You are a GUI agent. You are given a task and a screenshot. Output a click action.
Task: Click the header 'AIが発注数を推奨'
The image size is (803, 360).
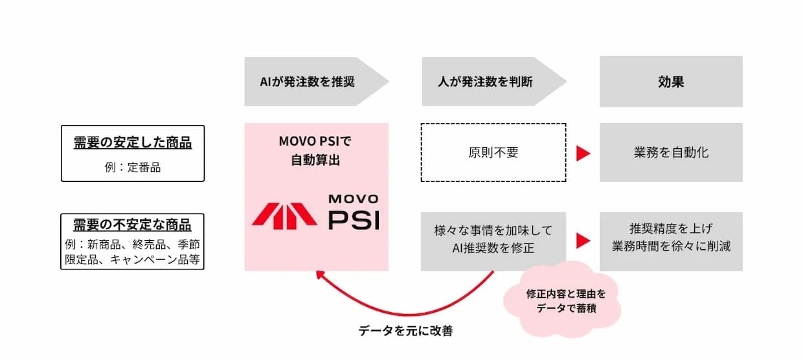tap(308, 82)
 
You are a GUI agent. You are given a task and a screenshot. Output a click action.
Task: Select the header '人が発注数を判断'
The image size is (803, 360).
tap(486, 82)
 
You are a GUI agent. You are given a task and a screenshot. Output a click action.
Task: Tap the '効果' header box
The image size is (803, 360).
tap(671, 82)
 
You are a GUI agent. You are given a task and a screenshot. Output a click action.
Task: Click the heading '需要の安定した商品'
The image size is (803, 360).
tap(133, 142)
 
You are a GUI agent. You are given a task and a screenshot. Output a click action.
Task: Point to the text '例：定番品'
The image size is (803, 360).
tap(133, 168)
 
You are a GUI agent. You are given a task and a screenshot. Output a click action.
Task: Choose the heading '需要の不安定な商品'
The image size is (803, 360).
tap(132, 225)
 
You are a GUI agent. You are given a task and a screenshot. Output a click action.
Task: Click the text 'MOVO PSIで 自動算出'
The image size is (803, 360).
tap(315, 151)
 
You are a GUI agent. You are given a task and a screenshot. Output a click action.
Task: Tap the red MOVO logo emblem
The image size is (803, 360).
tap(284, 216)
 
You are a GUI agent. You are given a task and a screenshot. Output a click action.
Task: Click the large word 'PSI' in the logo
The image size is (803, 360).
tap(354, 219)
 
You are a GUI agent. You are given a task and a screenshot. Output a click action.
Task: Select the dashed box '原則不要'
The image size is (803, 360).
tap(493, 153)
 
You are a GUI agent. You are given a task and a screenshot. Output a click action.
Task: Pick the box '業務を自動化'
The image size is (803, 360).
tap(671, 152)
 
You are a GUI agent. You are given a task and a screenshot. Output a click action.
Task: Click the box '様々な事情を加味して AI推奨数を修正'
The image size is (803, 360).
tap(493, 242)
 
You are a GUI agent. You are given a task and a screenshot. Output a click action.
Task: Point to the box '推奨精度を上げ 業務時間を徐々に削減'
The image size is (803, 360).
tap(671, 242)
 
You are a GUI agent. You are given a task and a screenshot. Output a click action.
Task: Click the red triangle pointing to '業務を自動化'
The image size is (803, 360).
tap(583, 153)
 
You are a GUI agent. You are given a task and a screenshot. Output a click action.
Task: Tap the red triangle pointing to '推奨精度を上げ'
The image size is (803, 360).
tap(583, 241)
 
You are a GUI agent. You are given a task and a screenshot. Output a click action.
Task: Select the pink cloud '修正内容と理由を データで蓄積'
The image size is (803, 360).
tap(562, 300)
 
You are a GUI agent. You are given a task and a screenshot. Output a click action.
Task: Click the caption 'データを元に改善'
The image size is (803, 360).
tap(405, 331)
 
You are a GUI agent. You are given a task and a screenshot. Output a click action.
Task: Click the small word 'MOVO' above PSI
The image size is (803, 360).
tap(354, 199)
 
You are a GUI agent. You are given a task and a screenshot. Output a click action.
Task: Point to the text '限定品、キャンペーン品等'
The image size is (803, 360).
tap(132, 260)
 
